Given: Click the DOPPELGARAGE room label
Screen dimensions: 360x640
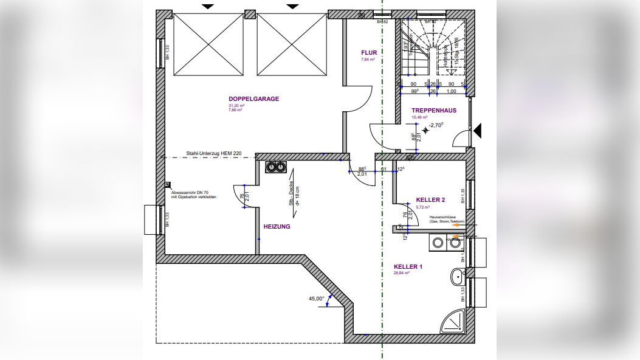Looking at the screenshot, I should click(253, 99).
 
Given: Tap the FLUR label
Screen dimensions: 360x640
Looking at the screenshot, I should click(369, 53).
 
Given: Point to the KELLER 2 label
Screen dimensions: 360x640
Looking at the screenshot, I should click(431, 199).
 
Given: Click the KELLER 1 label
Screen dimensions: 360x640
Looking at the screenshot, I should click(408, 267).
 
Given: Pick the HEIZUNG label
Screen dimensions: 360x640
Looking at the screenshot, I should click(277, 226).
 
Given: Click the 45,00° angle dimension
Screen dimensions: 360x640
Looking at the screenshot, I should click(316, 299).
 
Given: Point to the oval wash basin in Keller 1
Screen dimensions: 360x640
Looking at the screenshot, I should click(457, 277).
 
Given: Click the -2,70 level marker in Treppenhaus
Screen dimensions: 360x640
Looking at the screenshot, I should click(436, 125).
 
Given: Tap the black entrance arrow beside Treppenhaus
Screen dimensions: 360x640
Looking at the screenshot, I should click(478, 130).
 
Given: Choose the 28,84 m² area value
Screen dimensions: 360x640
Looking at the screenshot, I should click(402, 273).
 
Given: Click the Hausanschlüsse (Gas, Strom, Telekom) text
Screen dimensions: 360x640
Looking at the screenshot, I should click(447, 219).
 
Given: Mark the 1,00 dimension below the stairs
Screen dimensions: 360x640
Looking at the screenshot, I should click(452, 91).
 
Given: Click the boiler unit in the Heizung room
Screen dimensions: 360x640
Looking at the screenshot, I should click(276, 167).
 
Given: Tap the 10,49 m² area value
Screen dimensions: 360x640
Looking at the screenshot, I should click(419, 117).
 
